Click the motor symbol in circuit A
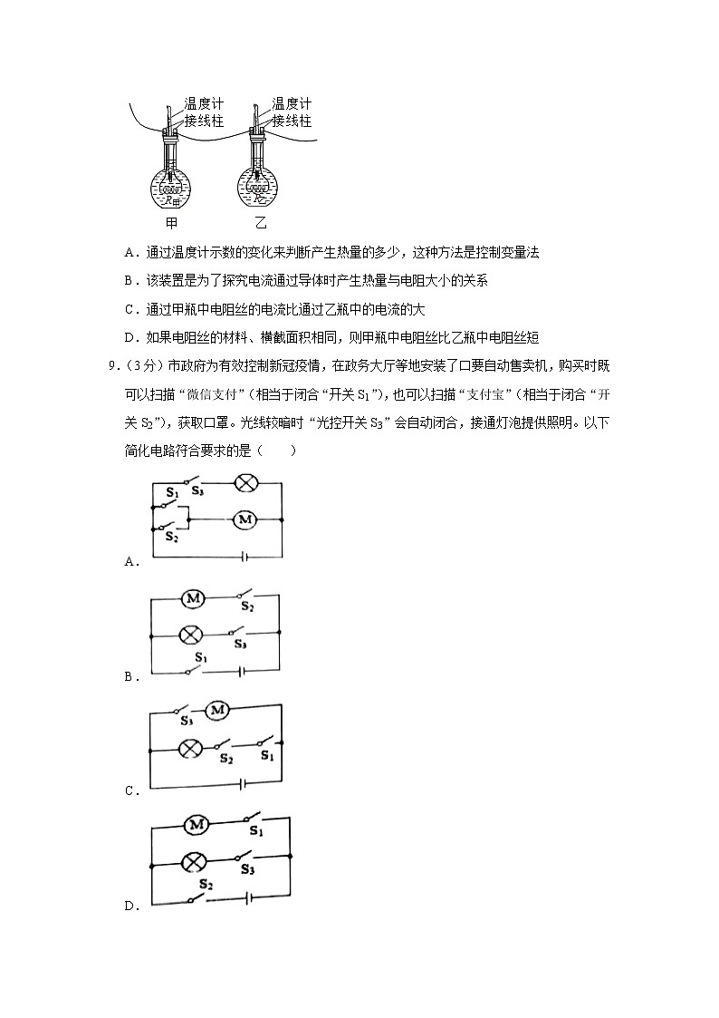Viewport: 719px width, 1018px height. pos(244,519)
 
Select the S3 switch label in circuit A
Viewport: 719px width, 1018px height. pos(197,490)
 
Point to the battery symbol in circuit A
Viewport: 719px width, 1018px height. pos(244,556)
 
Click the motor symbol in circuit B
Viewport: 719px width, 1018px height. pos(193,598)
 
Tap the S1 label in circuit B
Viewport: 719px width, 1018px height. pos(200,656)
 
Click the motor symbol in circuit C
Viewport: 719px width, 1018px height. pos(216,712)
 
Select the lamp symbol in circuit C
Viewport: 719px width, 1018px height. pos(189,748)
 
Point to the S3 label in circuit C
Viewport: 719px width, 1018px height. pos(187,722)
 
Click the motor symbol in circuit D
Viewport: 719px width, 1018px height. pos(197,824)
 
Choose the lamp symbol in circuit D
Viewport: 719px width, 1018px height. pos(193,861)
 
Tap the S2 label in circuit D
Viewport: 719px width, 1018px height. pos(206,884)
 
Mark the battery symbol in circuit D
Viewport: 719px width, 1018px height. pos(246,897)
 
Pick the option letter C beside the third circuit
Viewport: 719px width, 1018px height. pos(130,790)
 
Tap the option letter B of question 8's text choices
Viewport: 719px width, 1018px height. pos(130,281)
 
